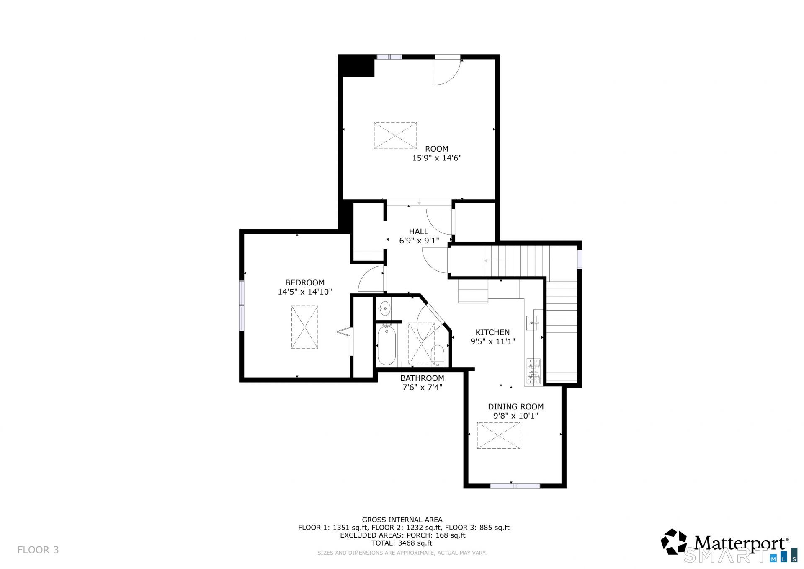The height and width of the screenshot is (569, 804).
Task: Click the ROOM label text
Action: click(x=437, y=149)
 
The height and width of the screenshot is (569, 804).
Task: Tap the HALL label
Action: click(x=419, y=231)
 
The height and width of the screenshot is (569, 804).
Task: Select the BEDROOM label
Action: click(x=305, y=282)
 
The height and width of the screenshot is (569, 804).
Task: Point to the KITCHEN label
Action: click(x=493, y=332)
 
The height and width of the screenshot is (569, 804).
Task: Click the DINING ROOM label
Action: click(x=516, y=406)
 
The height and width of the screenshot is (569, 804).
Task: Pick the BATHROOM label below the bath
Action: click(x=422, y=378)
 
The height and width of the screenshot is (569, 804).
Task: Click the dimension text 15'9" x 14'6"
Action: click(x=437, y=158)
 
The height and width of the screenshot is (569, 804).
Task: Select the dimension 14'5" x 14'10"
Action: click(x=305, y=292)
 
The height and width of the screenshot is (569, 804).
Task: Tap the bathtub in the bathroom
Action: click(x=386, y=345)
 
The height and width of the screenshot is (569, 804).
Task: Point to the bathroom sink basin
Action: click(x=384, y=309)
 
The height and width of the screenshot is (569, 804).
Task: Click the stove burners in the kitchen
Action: click(x=533, y=371)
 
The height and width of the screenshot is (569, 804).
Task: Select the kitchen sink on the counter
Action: click(x=532, y=323)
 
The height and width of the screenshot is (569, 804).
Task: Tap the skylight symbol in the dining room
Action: click(x=498, y=436)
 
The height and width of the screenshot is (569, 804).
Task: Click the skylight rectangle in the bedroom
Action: click(x=305, y=327)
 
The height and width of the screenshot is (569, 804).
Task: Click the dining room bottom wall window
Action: click(x=515, y=486)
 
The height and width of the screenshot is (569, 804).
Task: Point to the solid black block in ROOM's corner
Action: click(x=356, y=66)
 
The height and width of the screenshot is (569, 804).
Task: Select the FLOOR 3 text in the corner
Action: click(x=38, y=550)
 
